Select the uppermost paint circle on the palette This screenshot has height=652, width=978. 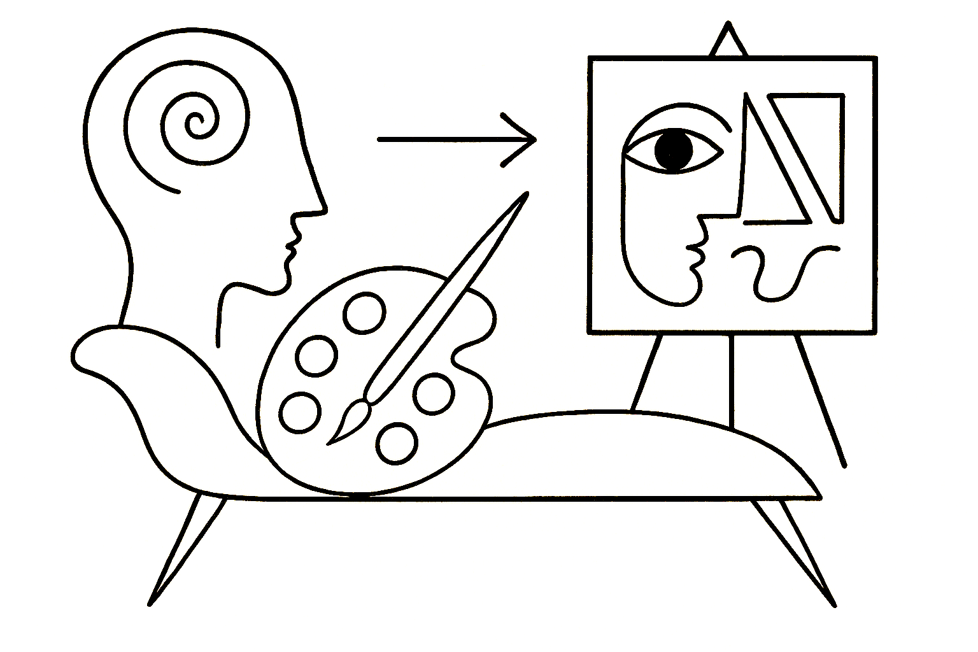point(364,313)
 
